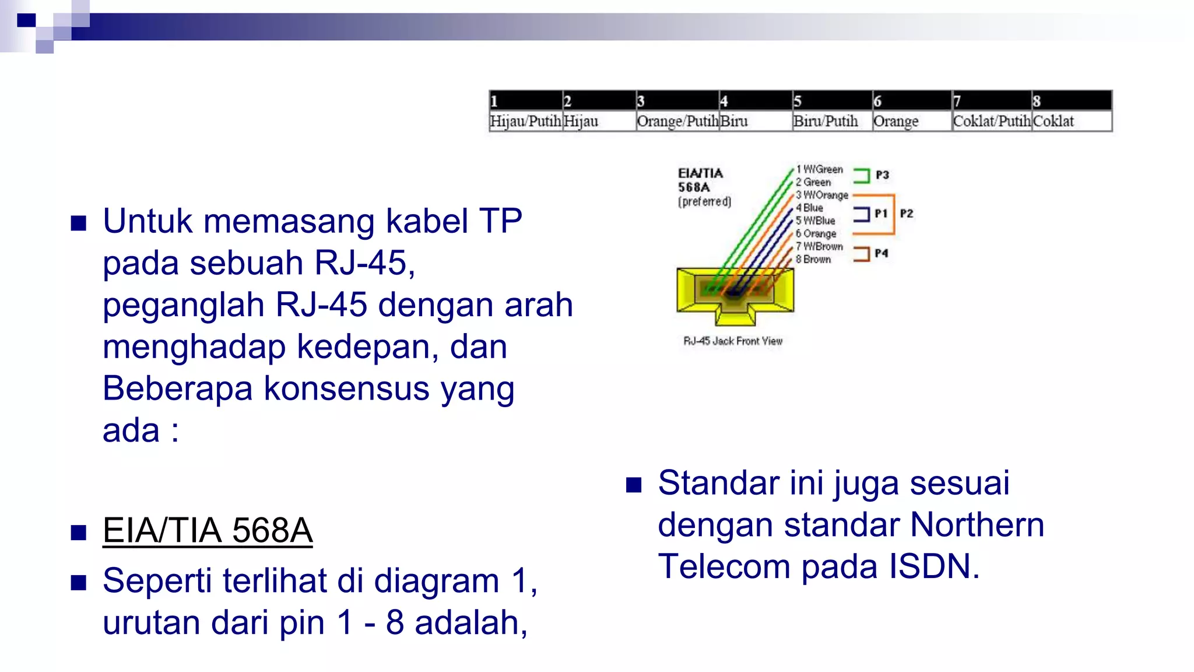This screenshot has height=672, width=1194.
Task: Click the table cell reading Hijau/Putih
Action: (x=525, y=121)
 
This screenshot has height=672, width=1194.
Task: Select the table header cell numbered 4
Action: (x=755, y=100)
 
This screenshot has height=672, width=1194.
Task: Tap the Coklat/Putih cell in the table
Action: (x=991, y=121)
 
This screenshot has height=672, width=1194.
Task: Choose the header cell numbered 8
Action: (x=1071, y=100)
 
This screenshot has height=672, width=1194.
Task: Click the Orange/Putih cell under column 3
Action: (x=677, y=121)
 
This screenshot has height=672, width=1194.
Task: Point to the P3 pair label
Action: (x=882, y=175)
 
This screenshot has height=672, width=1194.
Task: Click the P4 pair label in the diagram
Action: (x=881, y=253)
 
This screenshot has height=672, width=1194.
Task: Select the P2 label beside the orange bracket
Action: (x=906, y=213)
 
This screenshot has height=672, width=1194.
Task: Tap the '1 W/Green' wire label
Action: (x=820, y=169)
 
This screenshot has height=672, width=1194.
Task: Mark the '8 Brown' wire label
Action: (x=813, y=260)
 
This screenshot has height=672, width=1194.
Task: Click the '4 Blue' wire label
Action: (x=810, y=208)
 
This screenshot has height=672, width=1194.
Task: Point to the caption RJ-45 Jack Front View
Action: (x=733, y=341)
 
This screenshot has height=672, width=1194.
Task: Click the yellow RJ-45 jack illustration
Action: (x=735, y=295)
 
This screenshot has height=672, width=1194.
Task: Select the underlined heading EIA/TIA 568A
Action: (x=208, y=531)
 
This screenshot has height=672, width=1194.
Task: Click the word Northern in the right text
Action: (x=977, y=524)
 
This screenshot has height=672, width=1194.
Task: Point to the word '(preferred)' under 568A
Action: (x=704, y=202)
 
